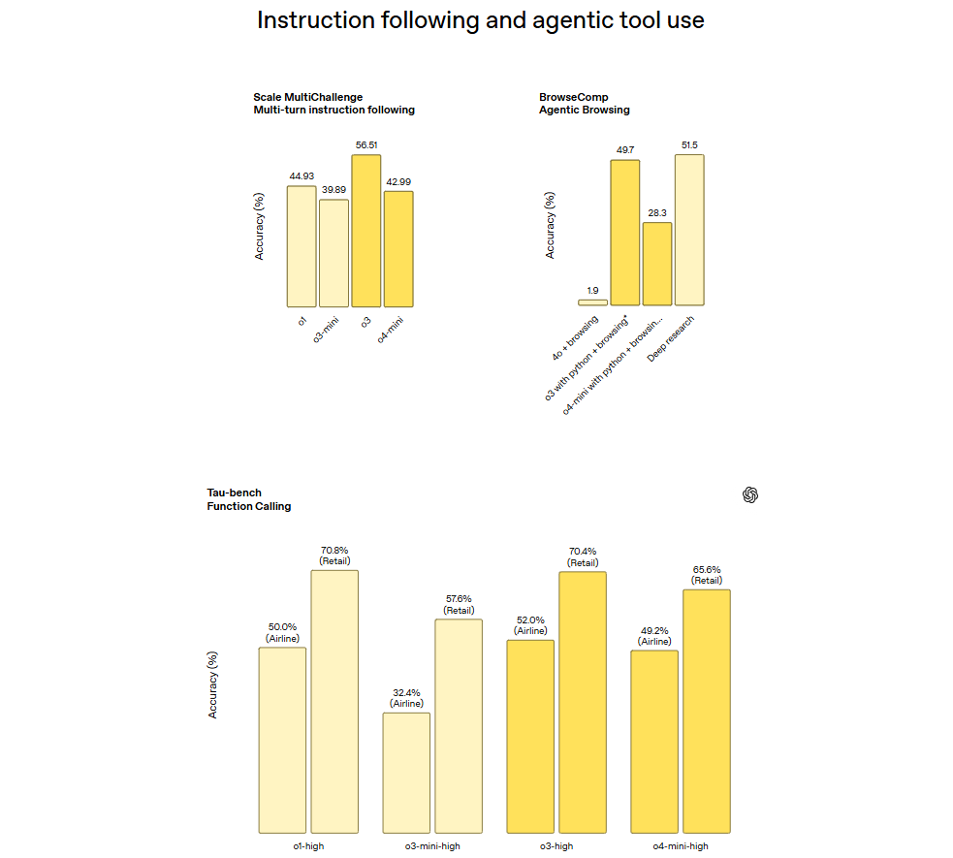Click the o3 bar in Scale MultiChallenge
(x=366, y=231)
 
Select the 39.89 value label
(x=334, y=190)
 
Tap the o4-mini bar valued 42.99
(x=398, y=248)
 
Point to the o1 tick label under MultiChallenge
(x=302, y=320)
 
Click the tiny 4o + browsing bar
(x=592, y=302)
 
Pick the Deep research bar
(x=689, y=230)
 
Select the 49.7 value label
(x=624, y=150)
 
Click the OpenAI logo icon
(x=750, y=495)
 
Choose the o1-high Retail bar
(x=334, y=701)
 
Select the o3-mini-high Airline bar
(x=406, y=773)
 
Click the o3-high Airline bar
(x=530, y=736)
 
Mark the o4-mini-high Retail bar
(x=707, y=711)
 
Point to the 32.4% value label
(x=406, y=692)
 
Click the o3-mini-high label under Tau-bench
(x=432, y=846)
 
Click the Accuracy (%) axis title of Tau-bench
(x=212, y=684)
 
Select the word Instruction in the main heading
(x=306, y=20)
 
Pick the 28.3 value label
(x=657, y=212)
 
